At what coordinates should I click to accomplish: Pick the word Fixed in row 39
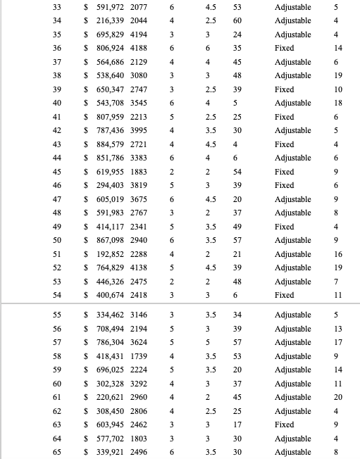[x=285, y=89]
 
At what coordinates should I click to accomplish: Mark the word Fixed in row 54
[x=285, y=294]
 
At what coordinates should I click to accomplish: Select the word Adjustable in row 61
[x=292, y=398]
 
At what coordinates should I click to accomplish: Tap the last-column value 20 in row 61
[x=338, y=398]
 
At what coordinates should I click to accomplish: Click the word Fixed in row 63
[x=285, y=425]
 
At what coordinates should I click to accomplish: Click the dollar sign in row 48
[x=87, y=212]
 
